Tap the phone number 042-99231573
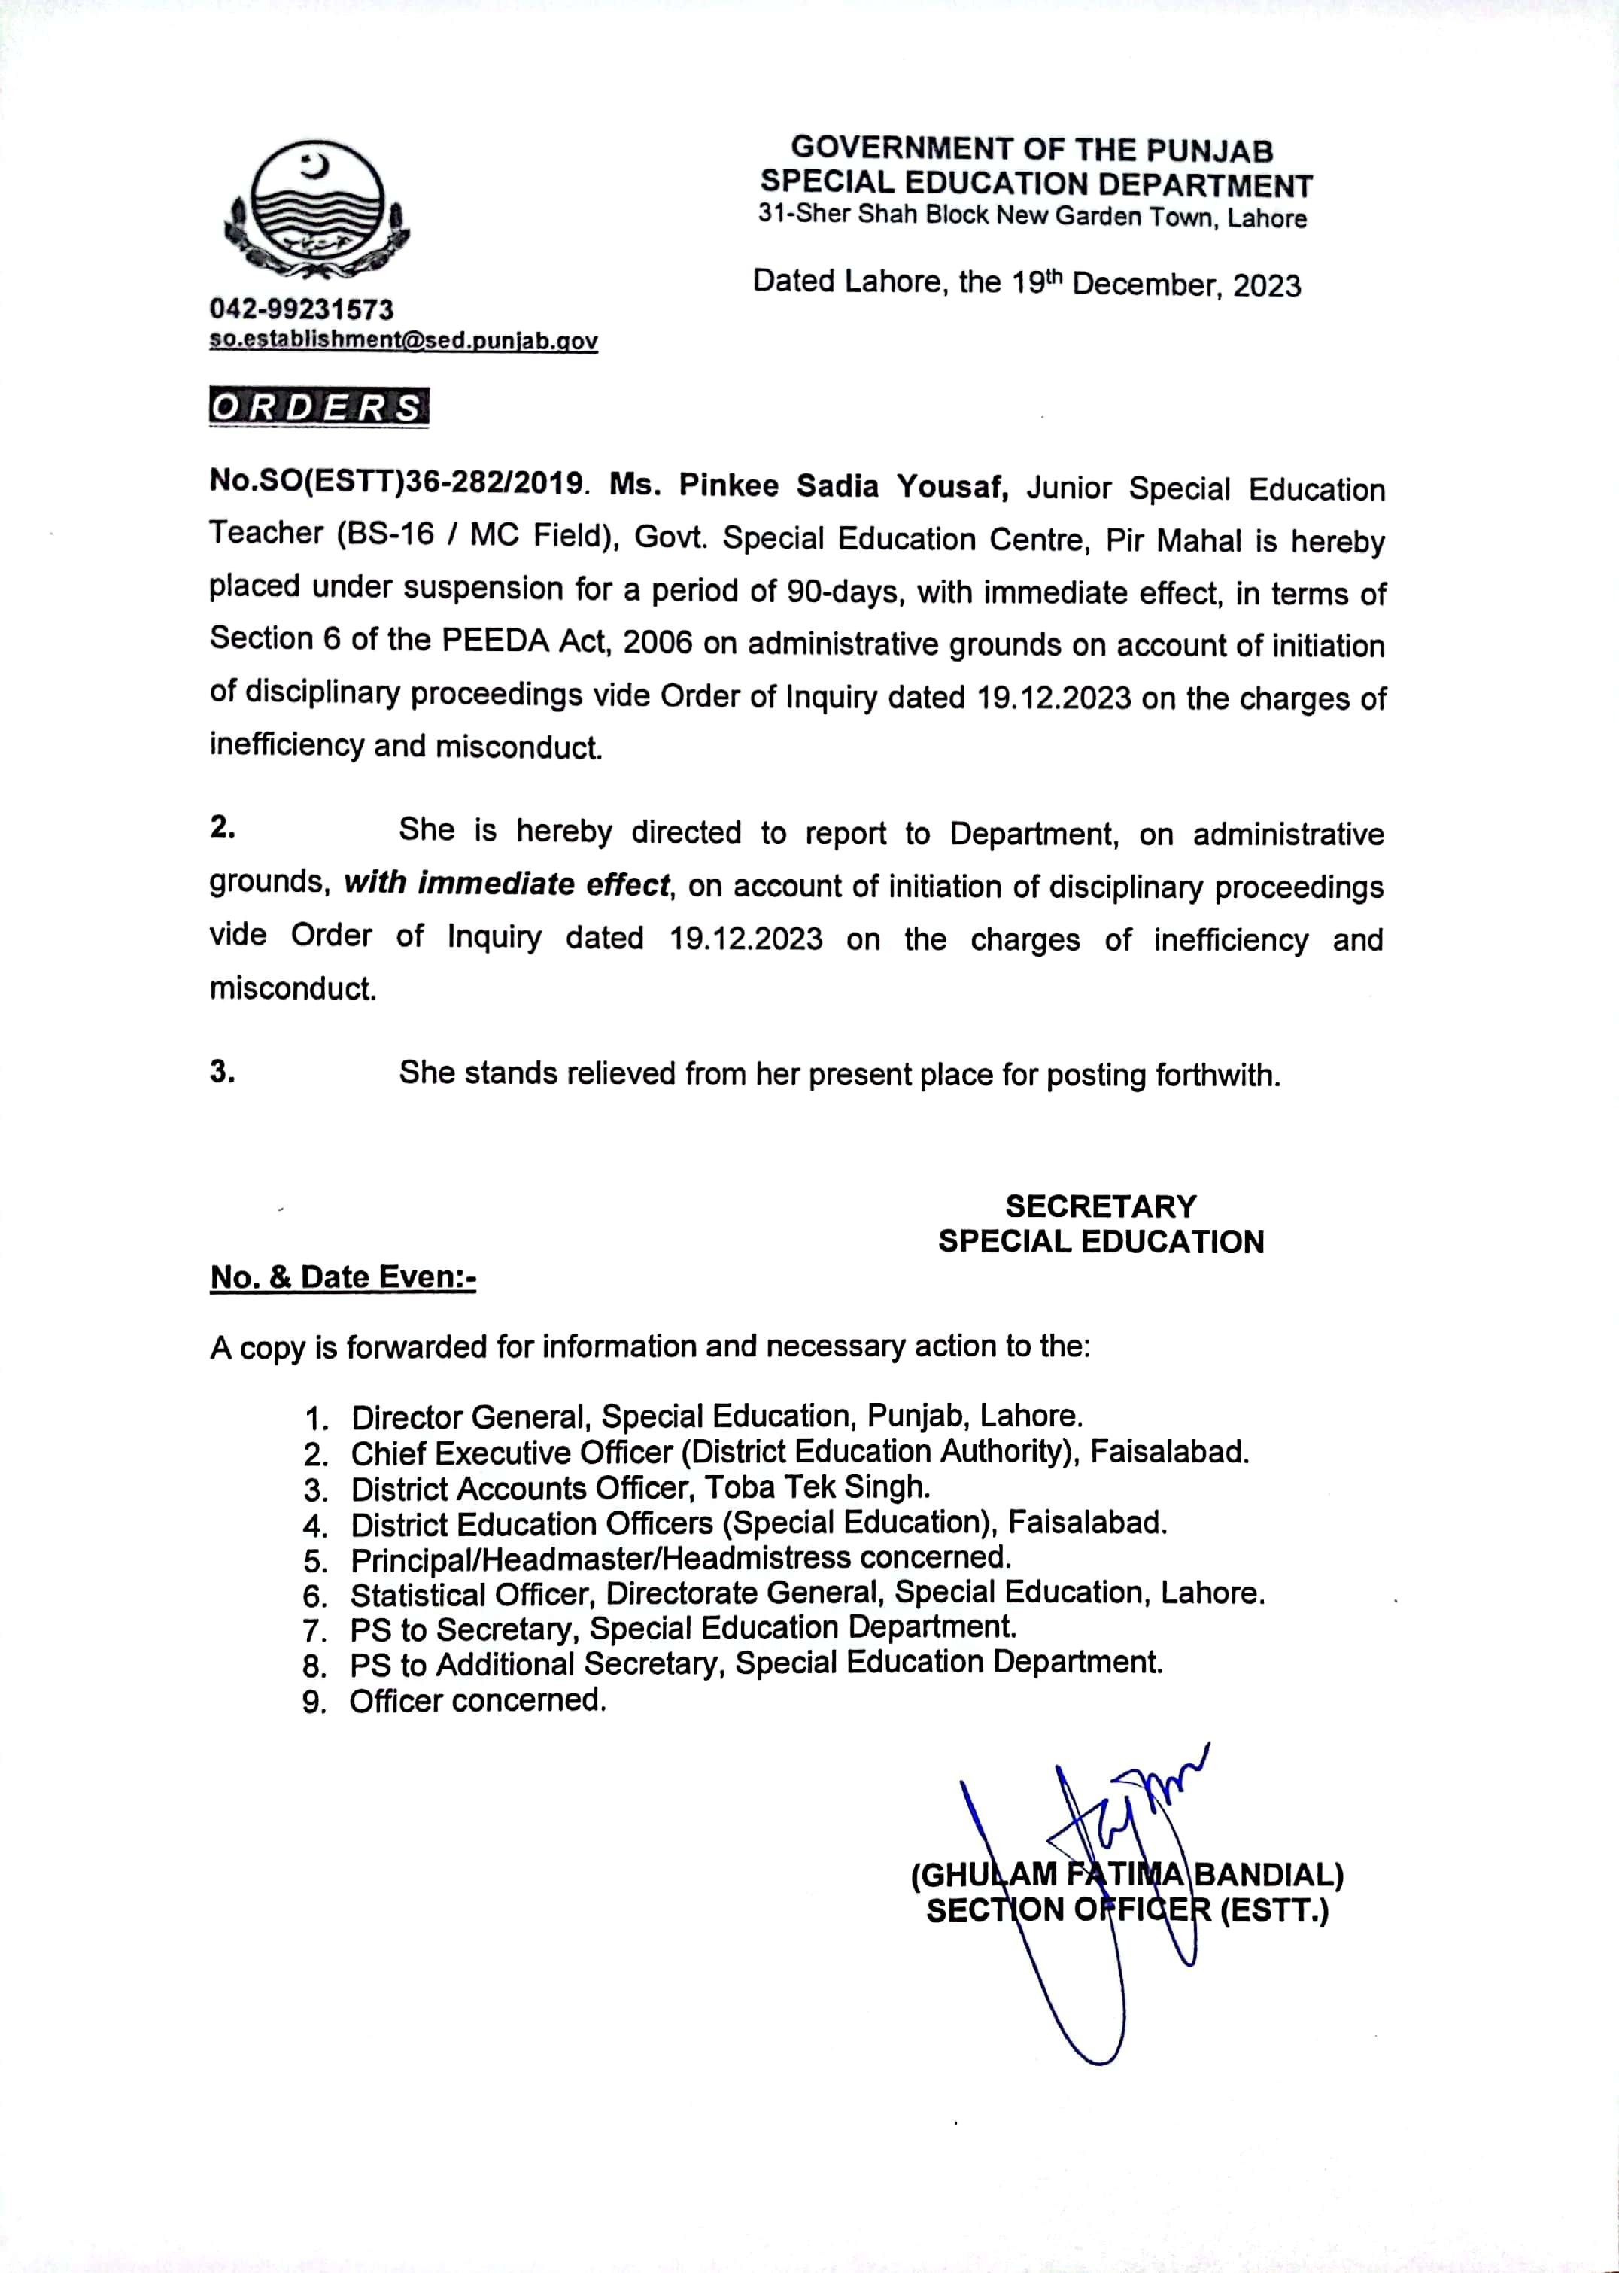click(301, 309)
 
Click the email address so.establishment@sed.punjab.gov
click(402, 340)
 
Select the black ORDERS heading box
click(318, 407)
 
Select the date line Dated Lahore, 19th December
click(1026, 283)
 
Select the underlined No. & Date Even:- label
click(343, 1278)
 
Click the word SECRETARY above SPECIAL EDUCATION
click(1100, 1206)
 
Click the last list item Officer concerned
click(478, 1700)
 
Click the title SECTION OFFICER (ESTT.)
click(1126, 1911)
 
